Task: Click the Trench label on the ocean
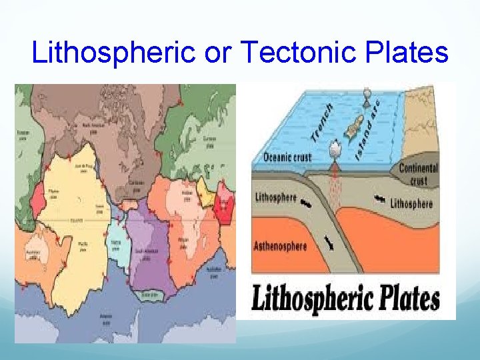click(323, 123)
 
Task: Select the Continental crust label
click(418, 175)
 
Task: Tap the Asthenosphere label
click(280, 246)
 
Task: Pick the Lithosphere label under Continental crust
click(411, 203)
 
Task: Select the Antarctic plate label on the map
click(106, 316)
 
